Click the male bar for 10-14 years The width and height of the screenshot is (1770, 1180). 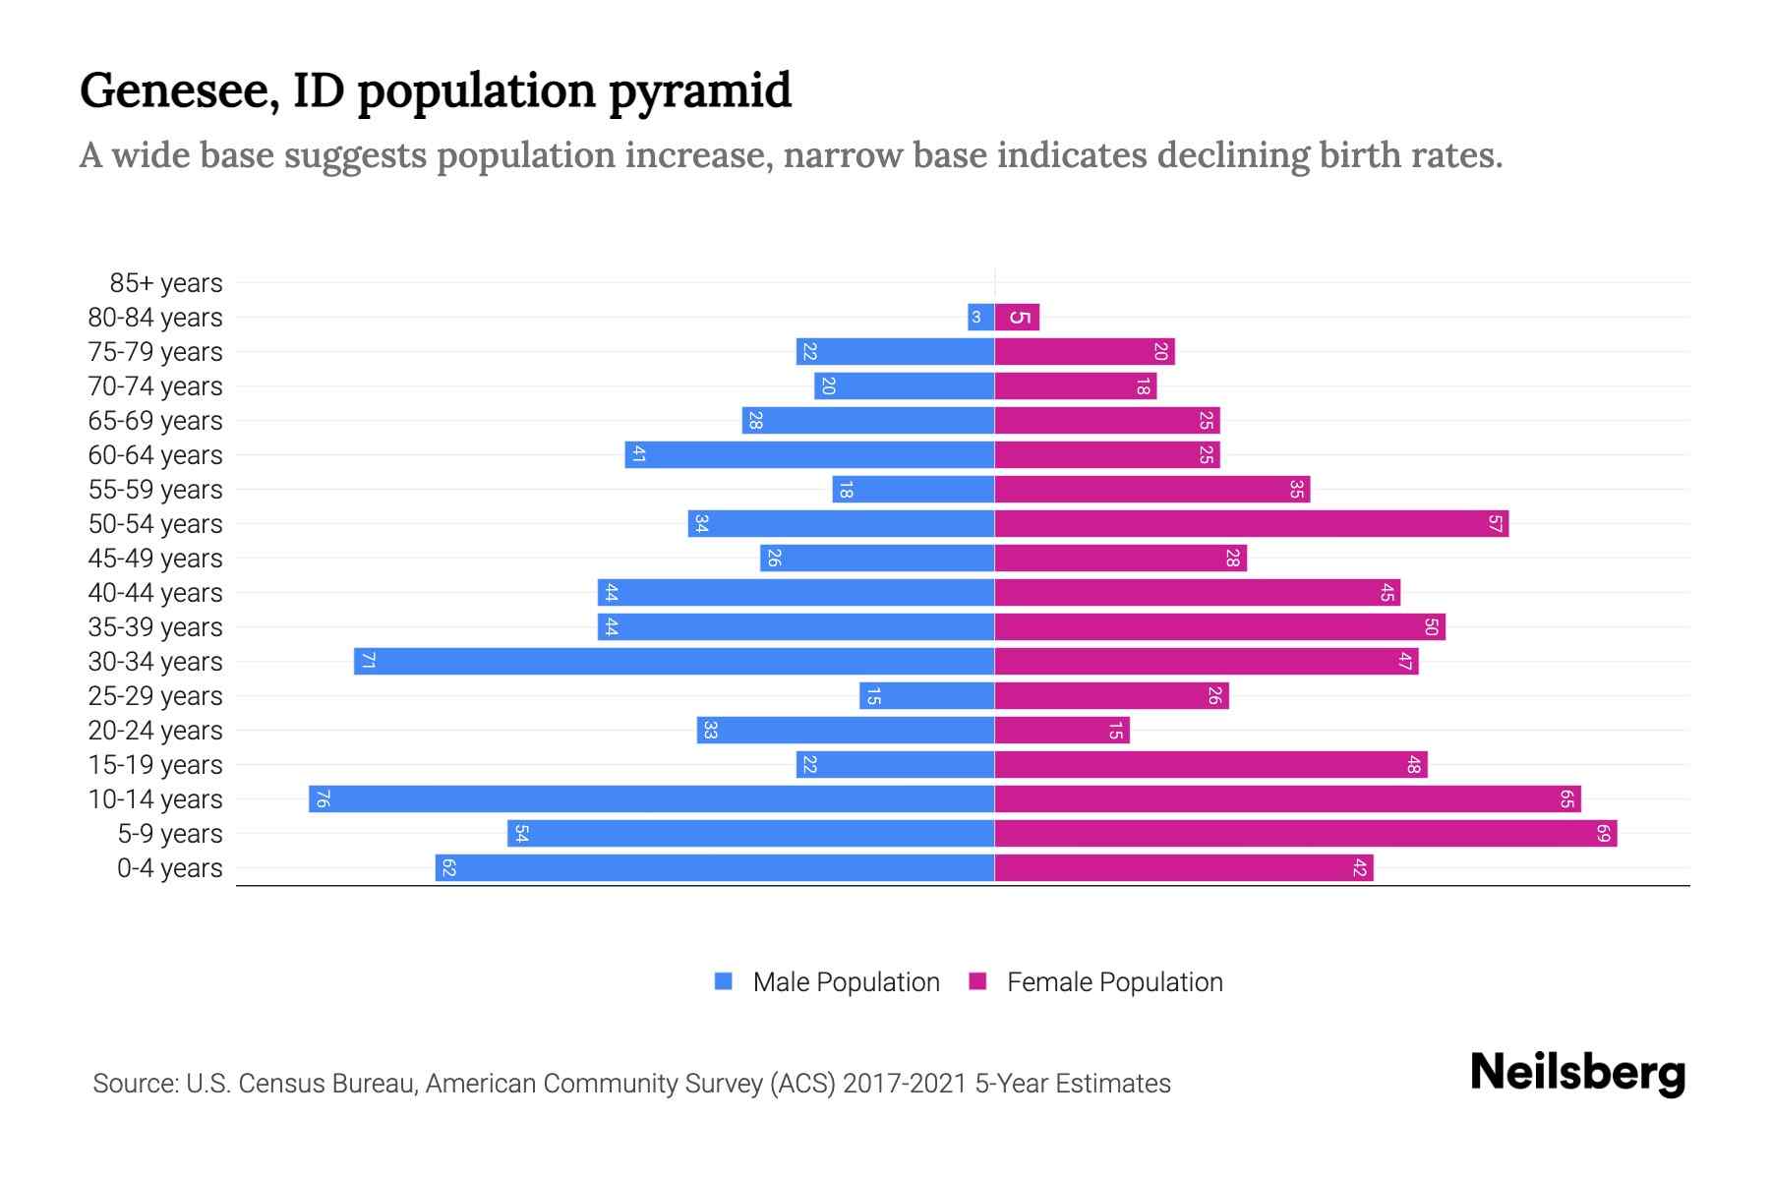(x=651, y=798)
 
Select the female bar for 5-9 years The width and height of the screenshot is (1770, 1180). (x=1305, y=834)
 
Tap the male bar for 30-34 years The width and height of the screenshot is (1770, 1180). (x=675, y=662)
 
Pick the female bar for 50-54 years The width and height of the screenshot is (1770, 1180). (x=1251, y=524)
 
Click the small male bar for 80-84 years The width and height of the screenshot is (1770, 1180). (x=980, y=318)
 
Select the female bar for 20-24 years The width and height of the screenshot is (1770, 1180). (x=1062, y=731)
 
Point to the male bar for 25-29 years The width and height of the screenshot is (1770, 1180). (x=926, y=696)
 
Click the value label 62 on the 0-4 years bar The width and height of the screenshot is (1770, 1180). (x=448, y=868)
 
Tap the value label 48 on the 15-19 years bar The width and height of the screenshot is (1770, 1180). (x=1414, y=765)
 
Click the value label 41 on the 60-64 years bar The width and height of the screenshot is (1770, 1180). (x=638, y=455)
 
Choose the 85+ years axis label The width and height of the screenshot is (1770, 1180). (x=165, y=283)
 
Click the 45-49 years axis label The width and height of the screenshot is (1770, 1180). (x=155, y=559)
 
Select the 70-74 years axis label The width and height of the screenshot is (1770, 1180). (x=155, y=386)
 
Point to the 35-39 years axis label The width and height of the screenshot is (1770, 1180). (x=155, y=627)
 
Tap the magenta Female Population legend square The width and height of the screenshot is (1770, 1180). (x=977, y=981)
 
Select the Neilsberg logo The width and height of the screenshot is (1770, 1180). (x=1577, y=1073)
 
